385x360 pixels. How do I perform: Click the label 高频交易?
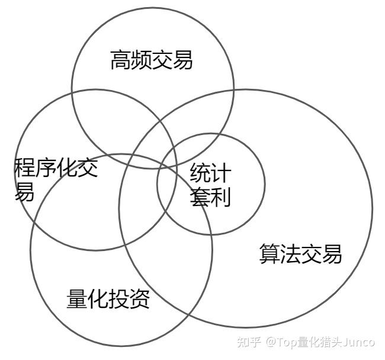point(152,60)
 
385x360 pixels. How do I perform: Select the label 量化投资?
point(108,300)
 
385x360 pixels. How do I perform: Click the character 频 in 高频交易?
point(142,60)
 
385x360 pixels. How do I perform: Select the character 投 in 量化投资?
point(119,300)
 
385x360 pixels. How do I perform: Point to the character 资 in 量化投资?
point(140,300)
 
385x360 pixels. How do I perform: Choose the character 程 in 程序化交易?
point(25,169)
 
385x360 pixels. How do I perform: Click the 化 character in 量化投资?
point(98,300)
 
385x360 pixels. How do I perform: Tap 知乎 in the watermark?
point(248,342)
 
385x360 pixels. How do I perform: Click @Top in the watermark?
point(278,342)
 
